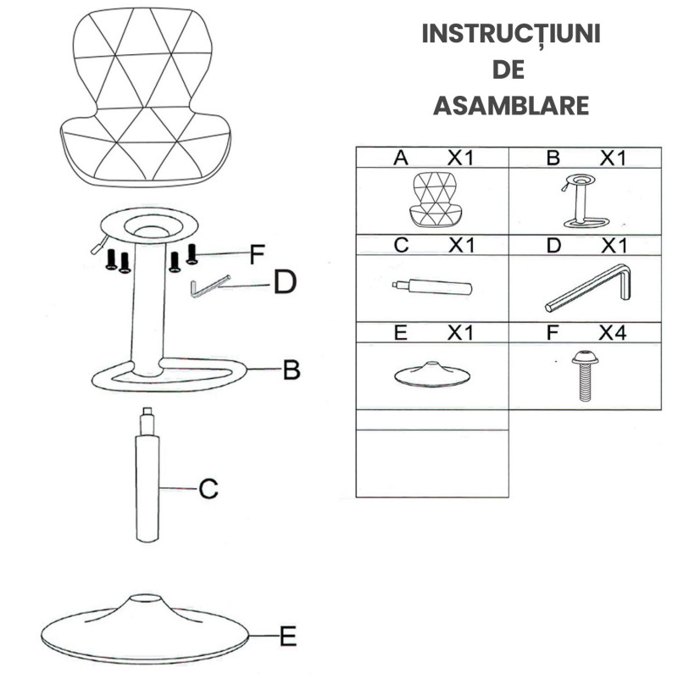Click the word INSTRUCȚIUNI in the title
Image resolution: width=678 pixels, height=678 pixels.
(511, 34)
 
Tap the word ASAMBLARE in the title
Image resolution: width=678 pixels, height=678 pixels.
(511, 105)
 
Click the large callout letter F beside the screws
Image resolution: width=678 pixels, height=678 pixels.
(257, 254)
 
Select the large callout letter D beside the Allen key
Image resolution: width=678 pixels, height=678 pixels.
(286, 282)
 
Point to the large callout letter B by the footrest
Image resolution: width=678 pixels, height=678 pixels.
(292, 370)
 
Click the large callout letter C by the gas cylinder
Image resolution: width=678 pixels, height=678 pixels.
(208, 489)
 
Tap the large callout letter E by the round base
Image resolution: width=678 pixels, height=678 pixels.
(288, 636)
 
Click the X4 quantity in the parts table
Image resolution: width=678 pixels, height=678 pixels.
(612, 333)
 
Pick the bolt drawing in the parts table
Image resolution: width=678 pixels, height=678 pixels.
(585, 375)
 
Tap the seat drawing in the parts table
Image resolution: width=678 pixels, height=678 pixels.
(433, 199)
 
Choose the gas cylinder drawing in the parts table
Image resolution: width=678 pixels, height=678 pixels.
(432, 287)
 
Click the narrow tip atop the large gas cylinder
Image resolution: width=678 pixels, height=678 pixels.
(147, 420)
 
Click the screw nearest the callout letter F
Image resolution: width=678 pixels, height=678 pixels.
(192, 254)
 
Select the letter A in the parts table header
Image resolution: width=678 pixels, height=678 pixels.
(401, 158)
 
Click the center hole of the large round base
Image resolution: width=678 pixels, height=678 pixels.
(146, 598)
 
